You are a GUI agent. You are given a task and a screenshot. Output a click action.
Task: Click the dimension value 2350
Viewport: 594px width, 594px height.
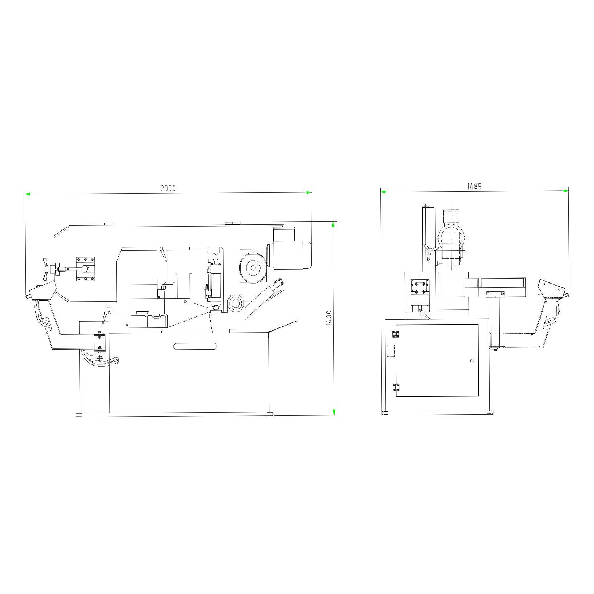coord(168,188)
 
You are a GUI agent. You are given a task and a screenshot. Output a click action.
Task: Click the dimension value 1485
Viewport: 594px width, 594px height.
coord(474,187)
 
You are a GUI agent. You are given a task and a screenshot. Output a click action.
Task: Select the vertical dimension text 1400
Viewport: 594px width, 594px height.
coord(329,318)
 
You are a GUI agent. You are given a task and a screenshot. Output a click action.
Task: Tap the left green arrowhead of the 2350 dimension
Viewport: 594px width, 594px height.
coord(28,194)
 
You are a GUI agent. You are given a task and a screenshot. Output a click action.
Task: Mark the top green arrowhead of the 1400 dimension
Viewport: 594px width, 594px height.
coord(333,224)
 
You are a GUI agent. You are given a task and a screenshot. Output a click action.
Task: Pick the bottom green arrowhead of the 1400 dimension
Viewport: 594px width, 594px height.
coord(334,412)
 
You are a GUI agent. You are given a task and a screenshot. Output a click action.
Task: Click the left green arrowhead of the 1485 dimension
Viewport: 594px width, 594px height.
coord(383,192)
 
